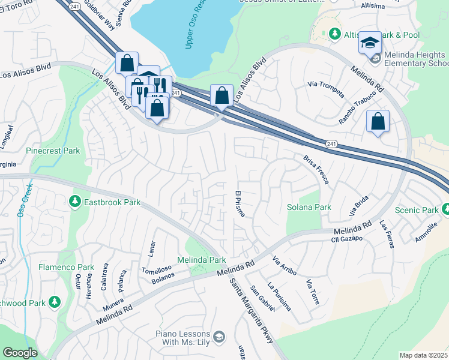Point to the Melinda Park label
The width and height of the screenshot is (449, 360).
[201, 260]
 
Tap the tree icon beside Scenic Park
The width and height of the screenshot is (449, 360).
[445, 209]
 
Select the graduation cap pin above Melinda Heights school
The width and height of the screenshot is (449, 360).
[370, 43]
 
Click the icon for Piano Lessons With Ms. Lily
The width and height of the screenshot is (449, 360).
[218, 337]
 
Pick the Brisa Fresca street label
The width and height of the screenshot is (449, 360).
[316, 169]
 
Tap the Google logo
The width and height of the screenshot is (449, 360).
[20, 353]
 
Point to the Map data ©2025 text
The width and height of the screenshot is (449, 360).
[424, 355]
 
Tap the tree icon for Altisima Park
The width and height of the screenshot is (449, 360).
[334, 35]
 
